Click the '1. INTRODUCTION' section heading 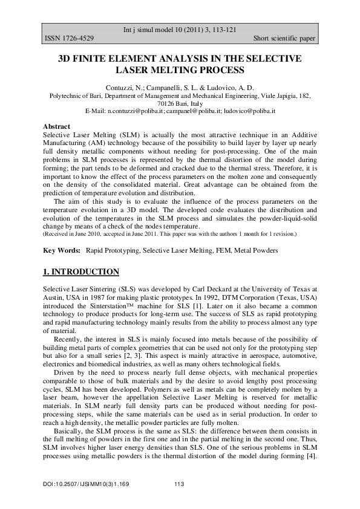(x=81, y=271)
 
